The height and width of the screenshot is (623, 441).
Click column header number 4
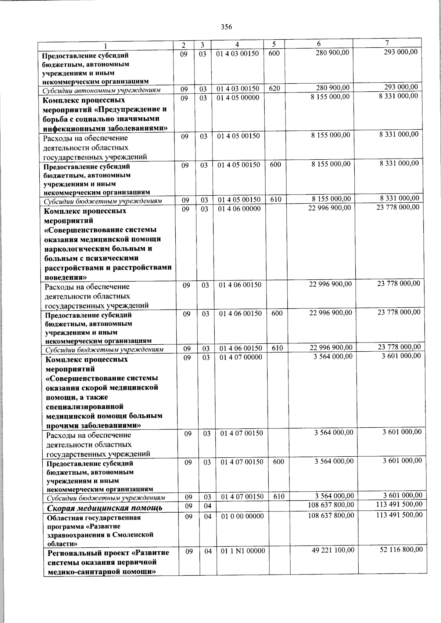point(237,44)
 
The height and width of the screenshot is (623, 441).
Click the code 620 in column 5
point(274,88)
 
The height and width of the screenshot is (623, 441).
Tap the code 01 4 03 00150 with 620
point(238,88)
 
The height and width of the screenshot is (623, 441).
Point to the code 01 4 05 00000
point(238,98)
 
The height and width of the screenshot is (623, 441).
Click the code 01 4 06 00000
point(239,209)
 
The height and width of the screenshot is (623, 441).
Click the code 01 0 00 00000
point(242,516)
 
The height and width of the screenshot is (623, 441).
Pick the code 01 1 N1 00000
point(243,551)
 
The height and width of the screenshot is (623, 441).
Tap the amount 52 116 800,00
point(401,549)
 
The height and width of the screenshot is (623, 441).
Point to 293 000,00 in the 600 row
point(400,52)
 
